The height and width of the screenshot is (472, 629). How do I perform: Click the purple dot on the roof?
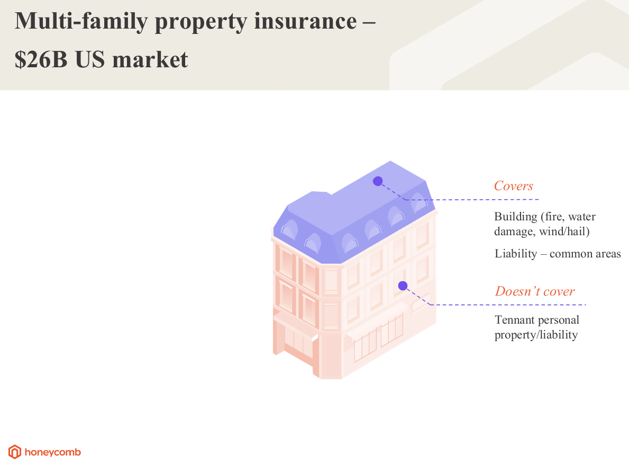pyautogui.click(x=377, y=181)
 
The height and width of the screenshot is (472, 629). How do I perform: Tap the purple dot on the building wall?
pyautogui.click(x=403, y=286)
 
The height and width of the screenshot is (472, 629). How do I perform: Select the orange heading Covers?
pyautogui.click(x=513, y=186)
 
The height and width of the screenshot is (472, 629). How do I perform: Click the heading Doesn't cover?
pyautogui.click(x=535, y=291)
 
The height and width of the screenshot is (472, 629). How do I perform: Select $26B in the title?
pyautogui.click(x=40, y=60)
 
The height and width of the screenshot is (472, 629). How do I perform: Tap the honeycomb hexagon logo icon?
pyautogui.click(x=15, y=452)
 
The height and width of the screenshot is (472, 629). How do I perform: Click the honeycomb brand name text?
pyautogui.click(x=53, y=452)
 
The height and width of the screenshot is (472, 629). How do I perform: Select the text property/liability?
pyautogui.click(x=536, y=335)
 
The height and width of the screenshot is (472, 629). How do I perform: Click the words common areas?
pyautogui.click(x=585, y=254)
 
